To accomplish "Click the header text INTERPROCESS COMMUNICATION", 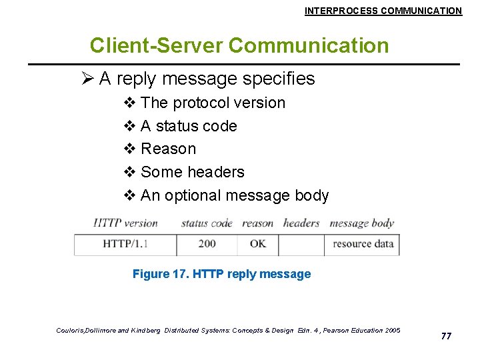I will pyautogui.click(x=383, y=11).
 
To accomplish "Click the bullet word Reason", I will pyautogui.click(x=168, y=149).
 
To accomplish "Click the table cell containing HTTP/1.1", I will pyautogui.click(x=125, y=244).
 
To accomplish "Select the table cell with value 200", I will pyautogui.click(x=207, y=244).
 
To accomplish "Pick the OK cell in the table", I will pyautogui.click(x=258, y=244).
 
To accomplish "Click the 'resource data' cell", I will pyautogui.click(x=363, y=244).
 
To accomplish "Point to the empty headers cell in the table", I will pyautogui.click(x=301, y=244).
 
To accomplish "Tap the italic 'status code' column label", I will pyautogui.click(x=207, y=223).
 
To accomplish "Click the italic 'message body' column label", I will pyautogui.click(x=362, y=223).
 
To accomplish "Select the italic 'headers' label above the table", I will pyautogui.click(x=301, y=223).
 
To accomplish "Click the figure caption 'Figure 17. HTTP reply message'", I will pyautogui.click(x=221, y=274).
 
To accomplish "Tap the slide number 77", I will pyautogui.click(x=446, y=336).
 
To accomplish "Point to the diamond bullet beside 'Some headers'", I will pyautogui.click(x=130, y=172).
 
